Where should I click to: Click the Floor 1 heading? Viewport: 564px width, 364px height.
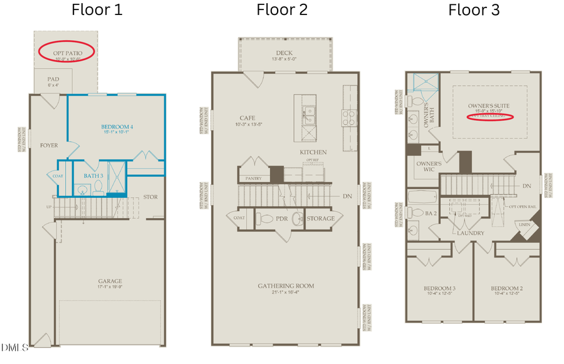click(x=97, y=10)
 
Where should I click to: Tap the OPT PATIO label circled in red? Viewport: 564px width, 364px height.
click(x=66, y=49)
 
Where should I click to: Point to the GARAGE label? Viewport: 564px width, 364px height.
click(x=110, y=281)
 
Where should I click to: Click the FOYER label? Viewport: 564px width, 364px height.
click(x=49, y=145)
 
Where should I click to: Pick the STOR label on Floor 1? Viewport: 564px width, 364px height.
click(x=150, y=197)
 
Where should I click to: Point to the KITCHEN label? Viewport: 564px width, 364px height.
click(x=313, y=152)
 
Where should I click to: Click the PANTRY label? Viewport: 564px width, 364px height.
click(x=253, y=178)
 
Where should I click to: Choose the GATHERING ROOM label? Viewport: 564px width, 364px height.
click(x=286, y=286)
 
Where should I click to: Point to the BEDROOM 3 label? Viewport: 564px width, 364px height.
click(x=439, y=289)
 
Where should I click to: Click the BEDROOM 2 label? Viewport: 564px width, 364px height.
click(x=506, y=289)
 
